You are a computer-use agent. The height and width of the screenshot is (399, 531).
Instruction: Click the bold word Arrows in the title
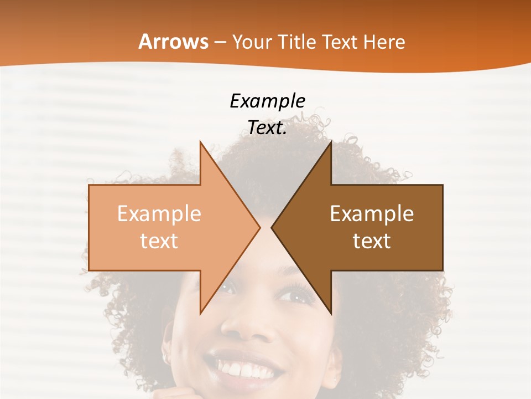(x=173, y=42)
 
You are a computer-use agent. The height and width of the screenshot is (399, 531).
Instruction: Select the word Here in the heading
(x=385, y=42)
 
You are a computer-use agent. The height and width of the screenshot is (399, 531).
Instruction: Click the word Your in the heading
(x=252, y=42)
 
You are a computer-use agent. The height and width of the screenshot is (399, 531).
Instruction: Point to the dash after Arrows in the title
(x=220, y=43)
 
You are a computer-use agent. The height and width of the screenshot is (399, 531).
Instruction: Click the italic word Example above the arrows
(x=267, y=101)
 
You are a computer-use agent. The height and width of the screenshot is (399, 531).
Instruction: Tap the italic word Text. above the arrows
(x=267, y=128)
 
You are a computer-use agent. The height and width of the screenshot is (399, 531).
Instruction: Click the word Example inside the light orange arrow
(x=159, y=214)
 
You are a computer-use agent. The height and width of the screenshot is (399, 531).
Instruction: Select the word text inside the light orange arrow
(x=159, y=241)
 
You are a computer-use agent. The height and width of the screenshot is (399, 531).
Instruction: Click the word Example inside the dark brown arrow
(x=372, y=214)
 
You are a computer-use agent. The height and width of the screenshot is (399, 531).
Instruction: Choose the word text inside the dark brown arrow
(x=372, y=241)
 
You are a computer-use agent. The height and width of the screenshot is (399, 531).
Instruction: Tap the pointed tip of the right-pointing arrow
(x=259, y=227)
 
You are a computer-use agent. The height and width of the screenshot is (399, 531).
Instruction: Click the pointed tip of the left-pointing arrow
(x=272, y=227)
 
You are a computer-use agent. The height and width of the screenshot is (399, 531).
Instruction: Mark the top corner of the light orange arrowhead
(x=201, y=142)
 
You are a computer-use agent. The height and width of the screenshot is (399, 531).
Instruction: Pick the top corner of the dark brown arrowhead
(x=330, y=142)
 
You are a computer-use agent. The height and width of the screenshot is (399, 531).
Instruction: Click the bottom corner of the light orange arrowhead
(x=201, y=313)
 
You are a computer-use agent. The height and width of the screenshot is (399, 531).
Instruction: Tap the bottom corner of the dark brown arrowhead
(x=330, y=313)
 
